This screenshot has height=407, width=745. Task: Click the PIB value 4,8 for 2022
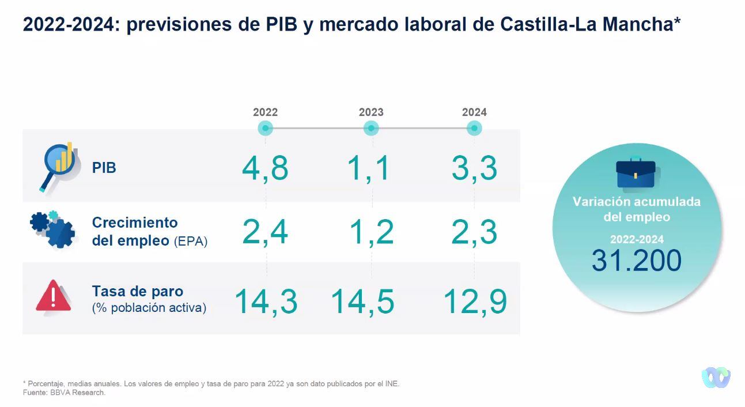tap(265, 169)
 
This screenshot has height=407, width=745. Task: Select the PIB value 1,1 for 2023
tap(369, 169)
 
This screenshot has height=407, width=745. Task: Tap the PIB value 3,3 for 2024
tap(474, 169)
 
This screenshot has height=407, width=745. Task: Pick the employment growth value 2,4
tap(265, 232)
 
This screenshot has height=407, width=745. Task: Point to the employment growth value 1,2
tap(372, 232)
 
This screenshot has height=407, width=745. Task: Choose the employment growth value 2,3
tap(474, 232)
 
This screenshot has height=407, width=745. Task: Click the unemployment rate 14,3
tap(266, 302)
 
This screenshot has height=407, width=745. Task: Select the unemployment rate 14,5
tap(363, 302)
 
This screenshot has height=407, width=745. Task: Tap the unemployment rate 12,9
tap(475, 302)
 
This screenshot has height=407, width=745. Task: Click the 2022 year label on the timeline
tap(265, 112)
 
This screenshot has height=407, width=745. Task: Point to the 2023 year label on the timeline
tap(371, 112)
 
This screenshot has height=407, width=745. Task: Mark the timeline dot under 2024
tap(474, 129)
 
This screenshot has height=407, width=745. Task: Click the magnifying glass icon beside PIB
tap(58, 166)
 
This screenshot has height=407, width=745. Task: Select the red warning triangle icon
tap(54, 296)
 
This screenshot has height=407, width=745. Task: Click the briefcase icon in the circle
tap(636, 173)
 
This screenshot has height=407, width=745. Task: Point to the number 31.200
tap(637, 261)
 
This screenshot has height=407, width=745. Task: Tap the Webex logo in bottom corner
tap(716, 378)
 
